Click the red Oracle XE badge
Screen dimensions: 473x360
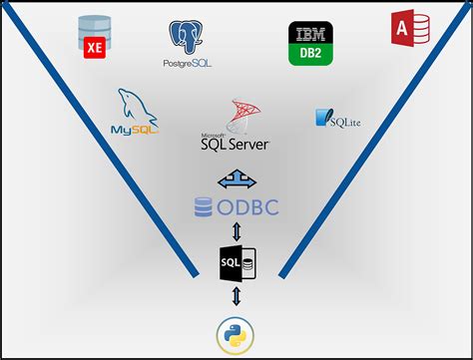pyautogui.click(x=97, y=44)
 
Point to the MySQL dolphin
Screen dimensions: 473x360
pyautogui.click(x=135, y=105)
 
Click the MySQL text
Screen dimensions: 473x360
pyautogui.click(x=131, y=129)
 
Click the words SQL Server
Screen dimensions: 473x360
pyautogui.click(x=236, y=144)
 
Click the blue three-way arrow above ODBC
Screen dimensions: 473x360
pyautogui.click(x=236, y=180)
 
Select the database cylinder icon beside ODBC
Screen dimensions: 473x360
pyautogui.click(x=203, y=207)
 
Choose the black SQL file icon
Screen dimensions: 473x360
pyautogui.click(x=236, y=263)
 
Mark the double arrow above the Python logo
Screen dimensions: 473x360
pyautogui.click(x=236, y=296)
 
